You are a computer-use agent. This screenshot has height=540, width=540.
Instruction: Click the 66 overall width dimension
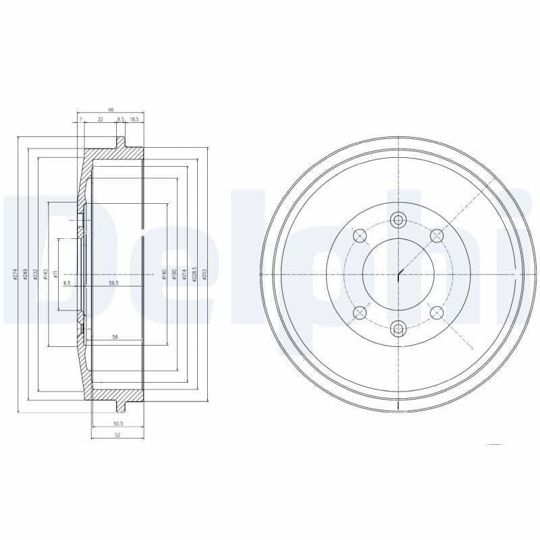click(x=111, y=109)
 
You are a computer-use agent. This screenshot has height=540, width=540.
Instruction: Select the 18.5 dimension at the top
click(x=134, y=119)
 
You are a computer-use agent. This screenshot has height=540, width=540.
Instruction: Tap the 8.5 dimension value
click(x=121, y=119)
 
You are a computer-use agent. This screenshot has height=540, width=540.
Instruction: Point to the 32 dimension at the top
click(x=100, y=119)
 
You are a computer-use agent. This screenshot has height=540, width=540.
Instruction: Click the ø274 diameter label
click(x=15, y=274)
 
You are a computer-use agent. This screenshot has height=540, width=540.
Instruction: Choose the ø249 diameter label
click(x=25, y=274)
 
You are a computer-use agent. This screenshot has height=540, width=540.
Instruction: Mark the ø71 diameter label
click(x=56, y=274)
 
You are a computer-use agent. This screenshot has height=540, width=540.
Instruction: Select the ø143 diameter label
click(x=45, y=274)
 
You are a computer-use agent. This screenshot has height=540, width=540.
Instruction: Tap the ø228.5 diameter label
click(x=194, y=273)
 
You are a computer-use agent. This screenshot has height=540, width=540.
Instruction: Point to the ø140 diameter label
click(x=164, y=274)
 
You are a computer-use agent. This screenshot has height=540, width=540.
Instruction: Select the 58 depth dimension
click(x=115, y=336)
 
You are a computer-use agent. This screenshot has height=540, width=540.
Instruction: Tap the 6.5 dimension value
click(x=67, y=283)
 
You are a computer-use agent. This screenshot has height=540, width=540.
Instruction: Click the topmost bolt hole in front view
click(x=398, y=219)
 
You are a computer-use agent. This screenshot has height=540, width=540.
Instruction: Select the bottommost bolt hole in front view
click(x=398, y=329)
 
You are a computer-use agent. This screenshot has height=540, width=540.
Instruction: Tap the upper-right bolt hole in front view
click(x=437, y=236)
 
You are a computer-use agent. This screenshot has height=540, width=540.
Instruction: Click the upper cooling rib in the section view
click(x=122, y=143)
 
